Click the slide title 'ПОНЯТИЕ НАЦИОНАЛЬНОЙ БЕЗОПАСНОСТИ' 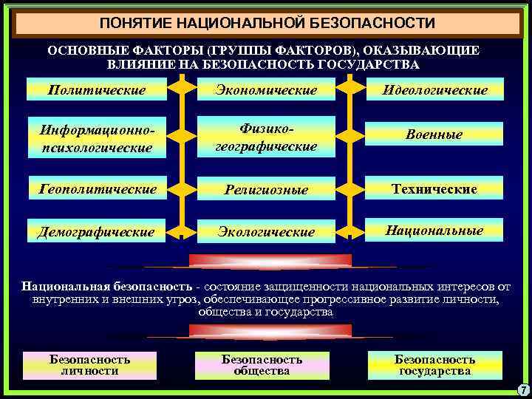[x=267, y=24]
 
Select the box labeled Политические [x=96, y=89]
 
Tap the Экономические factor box [x=265, y=89]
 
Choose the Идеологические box [x=434, y=89]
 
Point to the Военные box [x=434, y=134]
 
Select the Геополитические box [x=96, y=189]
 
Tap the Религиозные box [x=265, y=190]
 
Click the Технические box [x=434, y=189]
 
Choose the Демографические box [x=96, y=231]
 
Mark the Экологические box [x=265, y=231]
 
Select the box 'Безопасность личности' [x=89, y=365]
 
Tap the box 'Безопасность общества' [x=262, y=365]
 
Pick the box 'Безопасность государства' [x=434, y=365]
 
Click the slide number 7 [x=521, y=389]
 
